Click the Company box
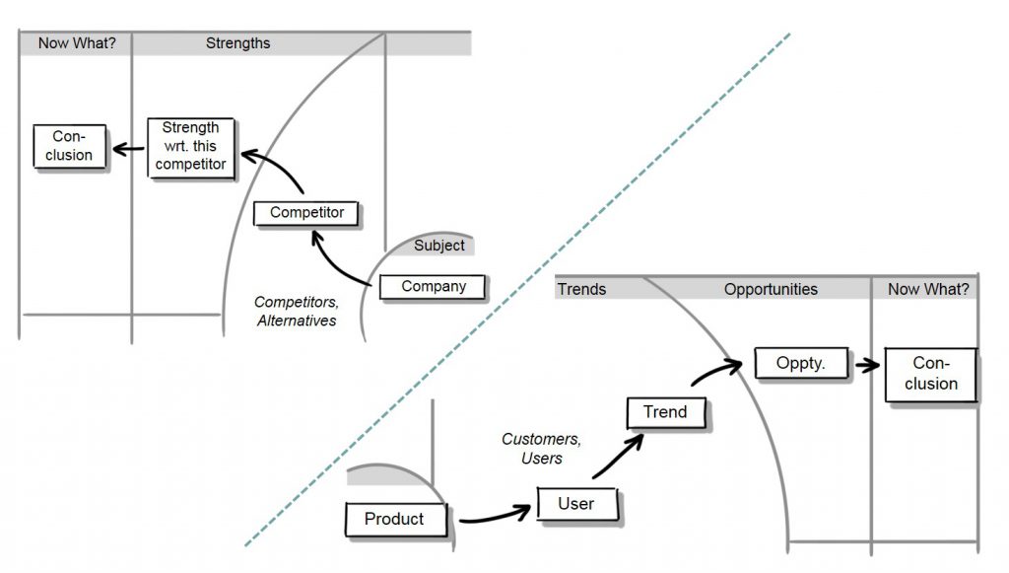(x=434, y=287)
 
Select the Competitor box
(x=306, y=213)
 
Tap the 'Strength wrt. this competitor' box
(x=191, y=147)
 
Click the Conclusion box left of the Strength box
(x=69, y=146)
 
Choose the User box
(x=576, y=504)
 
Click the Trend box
(x=665, y=412)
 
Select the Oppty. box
(x=800, y=363)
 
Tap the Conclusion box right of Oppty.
(x=929, y=374)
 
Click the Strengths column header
(x=237, y=43)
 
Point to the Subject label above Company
(x=438, y=246)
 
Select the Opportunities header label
(x=771, y=289)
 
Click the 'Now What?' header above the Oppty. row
(x=927, y=289)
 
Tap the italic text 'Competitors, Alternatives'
(x=296, y=312)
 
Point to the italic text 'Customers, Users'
(x=532, y=449)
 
